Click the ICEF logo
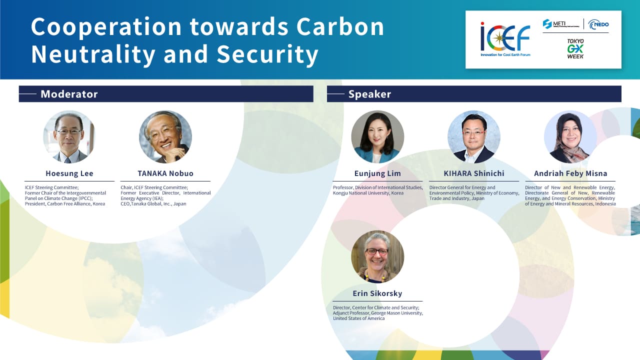[505, 39]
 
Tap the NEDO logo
[598, 24]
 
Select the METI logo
[561, 24]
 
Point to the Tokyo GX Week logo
[575, 49]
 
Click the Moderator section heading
[69, 94]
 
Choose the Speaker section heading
[369, 94]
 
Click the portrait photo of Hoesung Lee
[69, 137]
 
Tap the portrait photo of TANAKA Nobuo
[165, 137]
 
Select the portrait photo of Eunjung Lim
[377, 137]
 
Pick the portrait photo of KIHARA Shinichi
[474, 137]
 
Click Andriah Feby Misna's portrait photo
[570, 137]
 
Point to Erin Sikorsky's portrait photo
[377, 257]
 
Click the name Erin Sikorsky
[377, 293]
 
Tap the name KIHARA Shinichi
[474, 173]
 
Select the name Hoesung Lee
[69, 173]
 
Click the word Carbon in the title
[340, 27]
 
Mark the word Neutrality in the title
[93, 54]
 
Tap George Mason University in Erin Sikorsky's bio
[396, 313]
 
